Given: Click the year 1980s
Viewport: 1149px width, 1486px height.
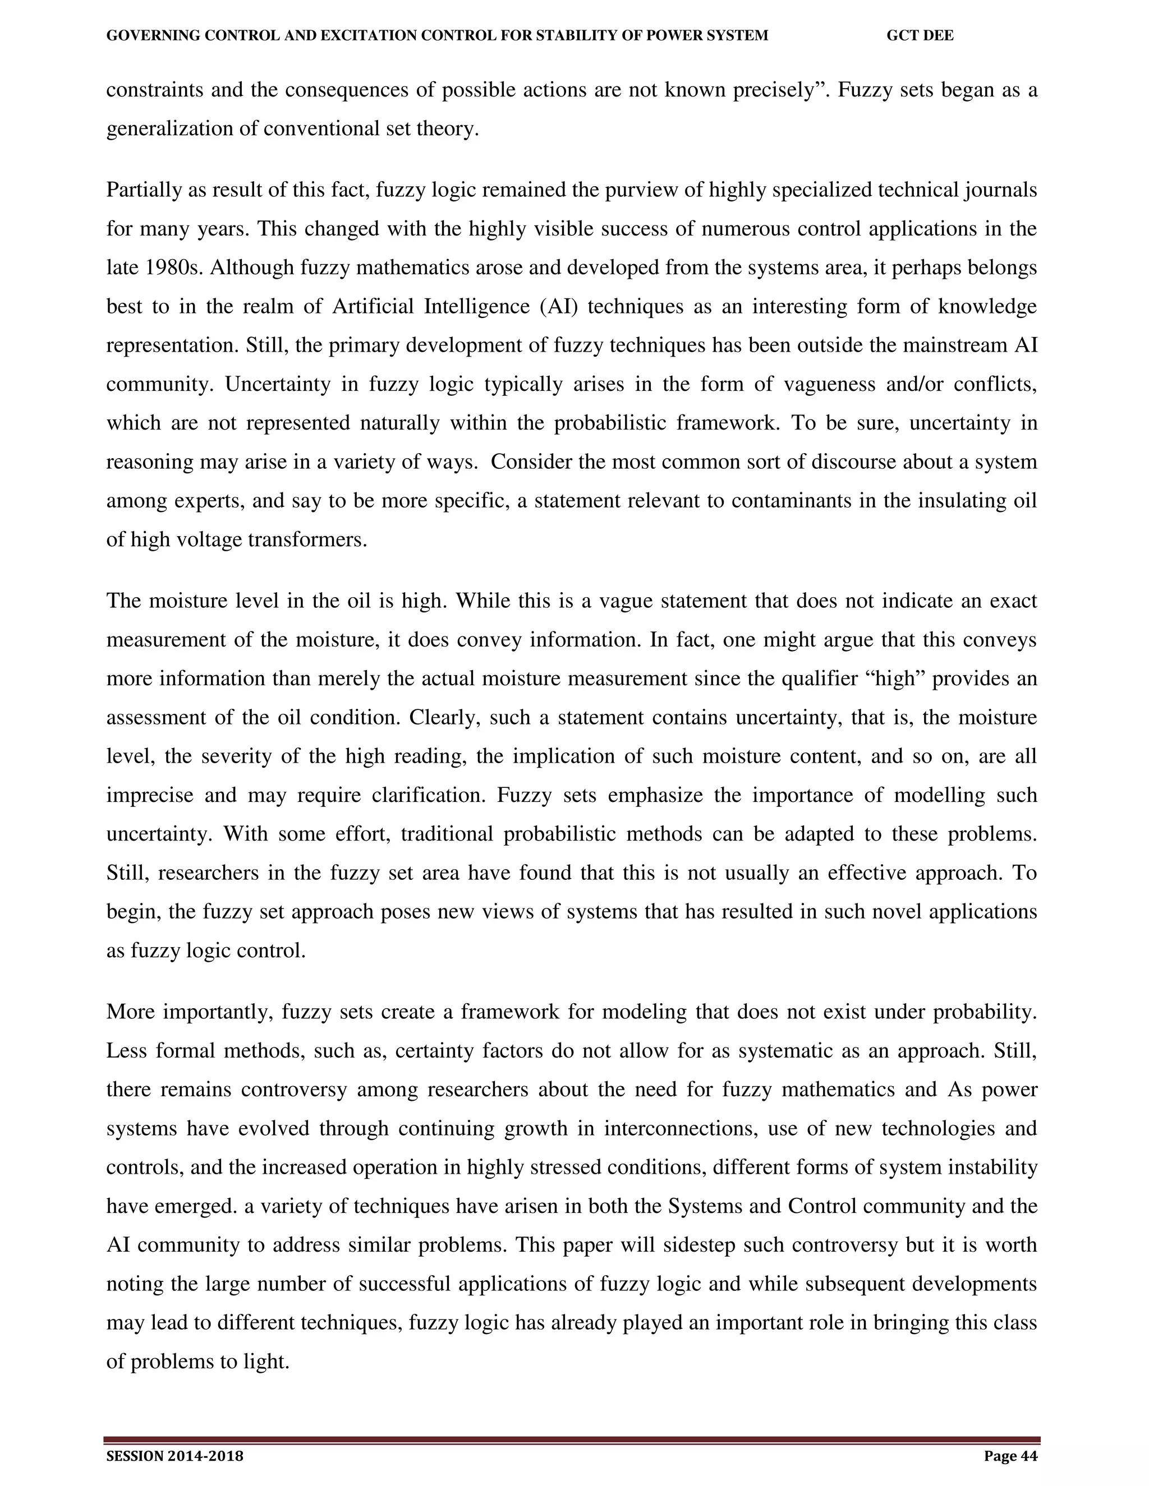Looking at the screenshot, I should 173,267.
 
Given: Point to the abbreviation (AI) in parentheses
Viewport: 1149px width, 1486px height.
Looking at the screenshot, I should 558,306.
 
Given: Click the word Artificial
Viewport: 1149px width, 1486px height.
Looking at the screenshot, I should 373,306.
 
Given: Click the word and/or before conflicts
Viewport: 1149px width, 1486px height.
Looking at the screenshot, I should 914,385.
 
